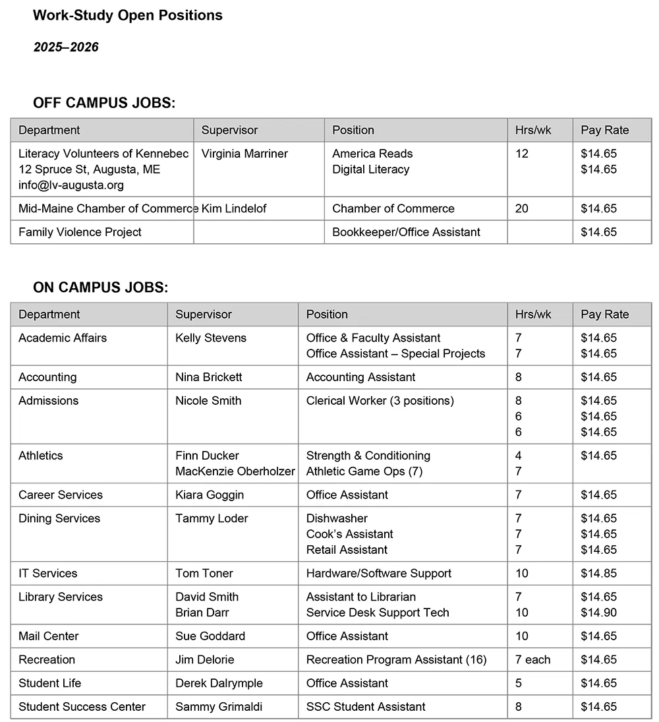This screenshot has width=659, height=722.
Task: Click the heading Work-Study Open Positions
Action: [128, 15]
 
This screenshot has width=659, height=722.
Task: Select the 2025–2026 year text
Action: [66, 47]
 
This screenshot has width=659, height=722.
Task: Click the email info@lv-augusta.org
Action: [71, 185]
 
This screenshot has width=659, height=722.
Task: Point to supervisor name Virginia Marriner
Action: [244, 154]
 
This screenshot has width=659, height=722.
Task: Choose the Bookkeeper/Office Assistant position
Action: [406, 232]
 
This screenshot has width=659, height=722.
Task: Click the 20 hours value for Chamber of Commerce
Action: [522, 208]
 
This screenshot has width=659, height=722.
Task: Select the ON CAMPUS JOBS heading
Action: [100, 287]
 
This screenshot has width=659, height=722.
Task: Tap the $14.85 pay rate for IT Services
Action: [598, 574]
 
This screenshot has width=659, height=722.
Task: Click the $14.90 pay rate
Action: [598, 613]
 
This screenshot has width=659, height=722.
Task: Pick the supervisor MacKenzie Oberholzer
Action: [235, 471]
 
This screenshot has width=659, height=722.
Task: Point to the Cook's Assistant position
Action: [349, 534]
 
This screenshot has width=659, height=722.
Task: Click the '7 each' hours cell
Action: [532, 660]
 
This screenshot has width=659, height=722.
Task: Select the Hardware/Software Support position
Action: [378, 574]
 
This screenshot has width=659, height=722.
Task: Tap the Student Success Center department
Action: [82, 707]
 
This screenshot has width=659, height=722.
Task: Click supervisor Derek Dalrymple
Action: [219, 683]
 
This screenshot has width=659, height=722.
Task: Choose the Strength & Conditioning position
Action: [368, 456]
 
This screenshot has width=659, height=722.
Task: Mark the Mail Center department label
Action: [48, 636]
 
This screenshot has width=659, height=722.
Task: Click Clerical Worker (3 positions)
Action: [380, 401]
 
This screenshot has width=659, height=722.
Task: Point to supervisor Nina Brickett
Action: [208, 377]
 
